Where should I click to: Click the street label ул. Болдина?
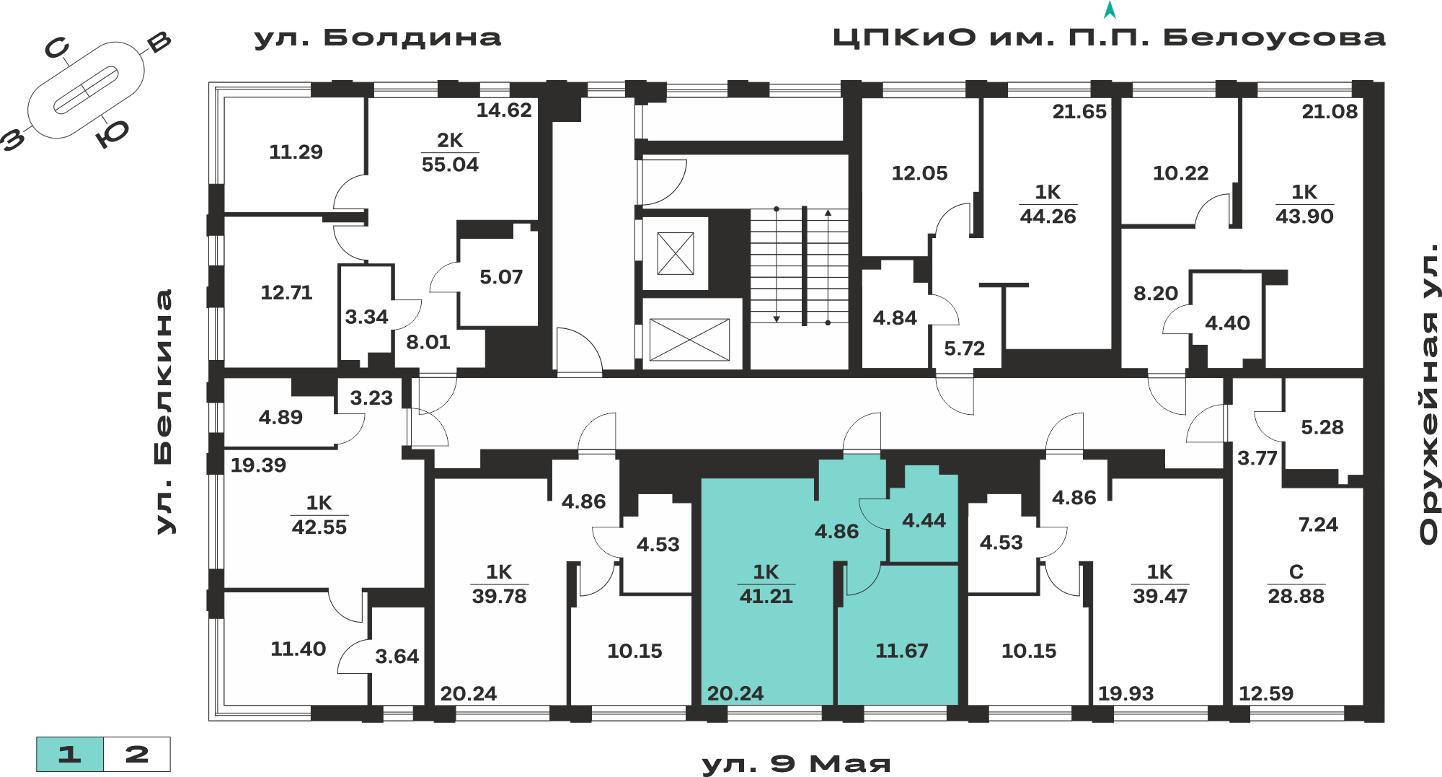(x=378, y=38)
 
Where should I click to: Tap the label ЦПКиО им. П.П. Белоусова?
(x=1109, y=38)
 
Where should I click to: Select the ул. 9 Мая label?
(x=796, y=763)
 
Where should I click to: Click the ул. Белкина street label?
(x=165, y=412)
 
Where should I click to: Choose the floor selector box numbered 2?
(x=137, y=755)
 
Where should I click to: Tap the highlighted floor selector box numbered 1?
(x=70, y=755)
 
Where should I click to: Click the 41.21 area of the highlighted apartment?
(x=766, y=596)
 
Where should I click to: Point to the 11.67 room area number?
(x=901, y=651)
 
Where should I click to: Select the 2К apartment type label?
(x=450, y=140)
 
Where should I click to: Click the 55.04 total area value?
(x=450, y=164)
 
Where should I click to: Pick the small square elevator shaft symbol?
(x=676, y=253)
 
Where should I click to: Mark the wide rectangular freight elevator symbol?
(x=689, y=339)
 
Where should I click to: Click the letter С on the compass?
(x=57, y=48)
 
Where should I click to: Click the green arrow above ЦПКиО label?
(x=1110, y=10)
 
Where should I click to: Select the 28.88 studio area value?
(x=1296, y=596)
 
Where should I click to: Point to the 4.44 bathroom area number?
(x=924, y=520)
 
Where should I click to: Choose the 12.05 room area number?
(x=919, y=173)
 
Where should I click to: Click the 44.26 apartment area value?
(x=1048, y=216)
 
